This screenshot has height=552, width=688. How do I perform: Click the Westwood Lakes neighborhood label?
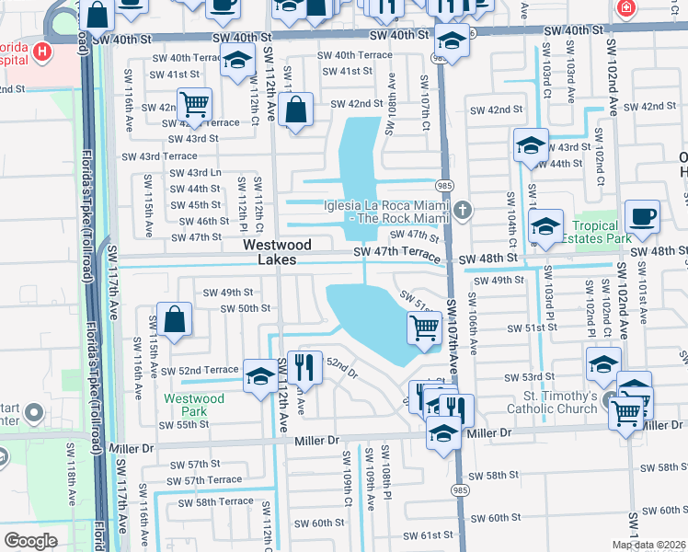coord(277,253)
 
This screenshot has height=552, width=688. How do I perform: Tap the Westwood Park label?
coord(193,405)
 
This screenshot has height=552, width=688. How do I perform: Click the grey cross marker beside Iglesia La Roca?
coord(462,211)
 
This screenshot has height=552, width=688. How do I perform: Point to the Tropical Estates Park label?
coord(602,233)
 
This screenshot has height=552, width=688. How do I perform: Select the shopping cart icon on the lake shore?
coord(424,326)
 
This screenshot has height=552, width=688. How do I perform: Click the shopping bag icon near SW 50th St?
coord(174,319)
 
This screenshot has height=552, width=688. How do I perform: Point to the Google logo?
coord(30,540)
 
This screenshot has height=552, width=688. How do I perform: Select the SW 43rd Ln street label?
coord(191,172)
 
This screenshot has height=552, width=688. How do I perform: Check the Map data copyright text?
coord(648,545)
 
